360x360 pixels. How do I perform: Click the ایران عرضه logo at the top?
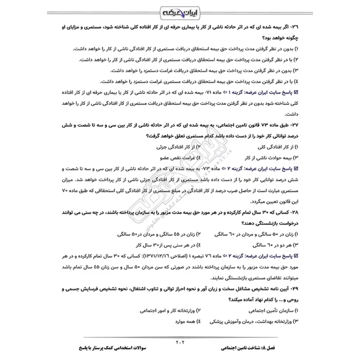[180, 11]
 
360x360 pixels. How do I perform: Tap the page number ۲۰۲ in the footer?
[180, 342]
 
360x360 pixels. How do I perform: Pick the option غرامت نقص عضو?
[173, 158]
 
